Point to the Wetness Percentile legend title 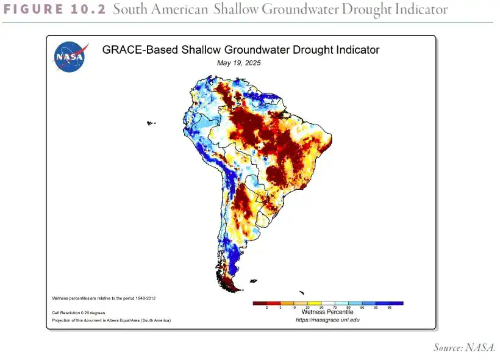click(x=327, y=312)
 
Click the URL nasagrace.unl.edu click(x=327, y=320)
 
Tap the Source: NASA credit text click(x=464, y=348)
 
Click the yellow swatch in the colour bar click(x=315, y=303)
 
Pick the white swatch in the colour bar click(x=328, y=303)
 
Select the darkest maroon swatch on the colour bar click(x=260, y=303)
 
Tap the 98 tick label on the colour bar click(x=390, y=308)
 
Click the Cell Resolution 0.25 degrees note click(x=78, y=312)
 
